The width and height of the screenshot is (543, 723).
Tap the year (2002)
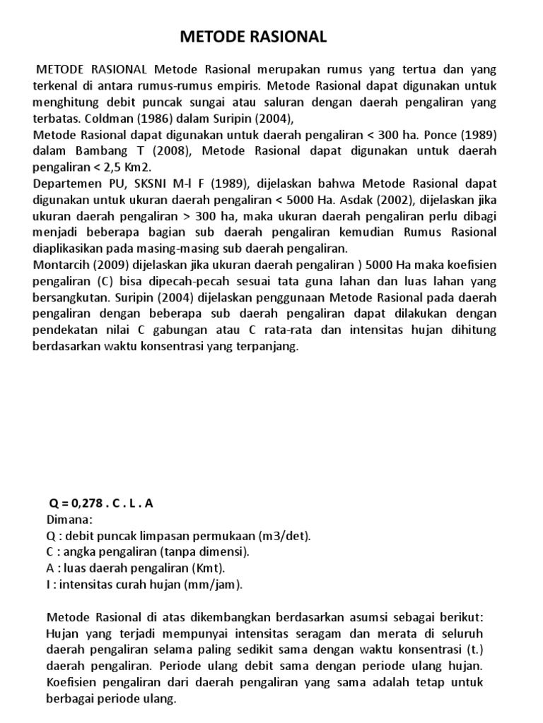pos(433,199)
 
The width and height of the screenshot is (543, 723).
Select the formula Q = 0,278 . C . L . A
pos(100,503)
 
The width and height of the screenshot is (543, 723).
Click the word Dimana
pos(69,520)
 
